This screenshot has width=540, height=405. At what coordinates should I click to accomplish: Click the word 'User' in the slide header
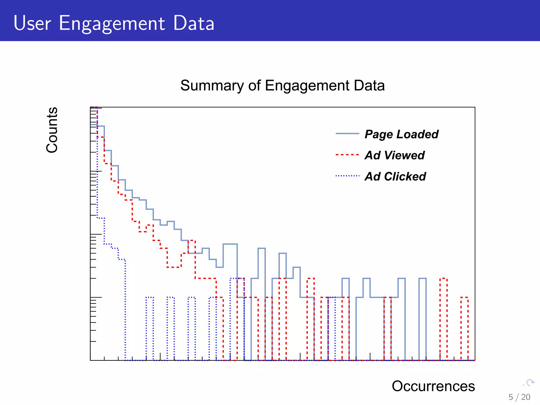click(x=32, y=23)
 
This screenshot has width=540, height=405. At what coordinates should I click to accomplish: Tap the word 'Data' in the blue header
click(x=194, y=23)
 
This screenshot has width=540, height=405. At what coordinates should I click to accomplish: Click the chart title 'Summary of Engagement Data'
click(x=282, y=85)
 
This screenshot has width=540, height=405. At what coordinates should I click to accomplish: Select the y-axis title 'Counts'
click(x=52, y=130)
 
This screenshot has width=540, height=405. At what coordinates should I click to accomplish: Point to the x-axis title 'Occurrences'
click(x=433, y=386)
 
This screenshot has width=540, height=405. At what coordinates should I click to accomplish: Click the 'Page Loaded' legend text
click(x=401, y=134)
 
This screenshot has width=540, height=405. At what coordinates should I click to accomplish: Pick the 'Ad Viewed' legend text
click(x=394, y=155)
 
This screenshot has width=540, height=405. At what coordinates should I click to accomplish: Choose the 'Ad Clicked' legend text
click(x=395, y=176)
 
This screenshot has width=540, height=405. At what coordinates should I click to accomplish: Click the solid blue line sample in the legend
click(x=347, y=134)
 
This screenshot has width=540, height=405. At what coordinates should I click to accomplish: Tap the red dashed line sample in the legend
click(x=347, y=155)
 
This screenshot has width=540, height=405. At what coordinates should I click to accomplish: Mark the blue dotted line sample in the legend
click(x=347, y=176)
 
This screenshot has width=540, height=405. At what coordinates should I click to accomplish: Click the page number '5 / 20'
click(x=519, y=397)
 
